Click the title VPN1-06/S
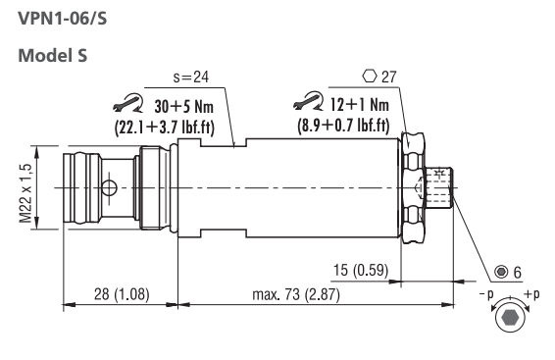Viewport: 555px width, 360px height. coord(63,19)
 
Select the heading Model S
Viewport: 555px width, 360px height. coord(52,56)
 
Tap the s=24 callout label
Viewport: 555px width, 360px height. coord(191,77)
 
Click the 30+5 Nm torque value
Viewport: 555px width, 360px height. coord(183,106)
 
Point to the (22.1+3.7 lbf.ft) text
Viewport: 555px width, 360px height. coord(165,128)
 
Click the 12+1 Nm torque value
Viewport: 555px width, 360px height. coord(359,104)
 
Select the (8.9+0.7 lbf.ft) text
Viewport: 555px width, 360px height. coord(343,126)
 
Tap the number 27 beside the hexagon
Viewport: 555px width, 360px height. coord(389,77)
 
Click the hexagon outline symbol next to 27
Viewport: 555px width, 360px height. coord(370,77)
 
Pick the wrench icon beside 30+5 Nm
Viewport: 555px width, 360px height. coord(128,103)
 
